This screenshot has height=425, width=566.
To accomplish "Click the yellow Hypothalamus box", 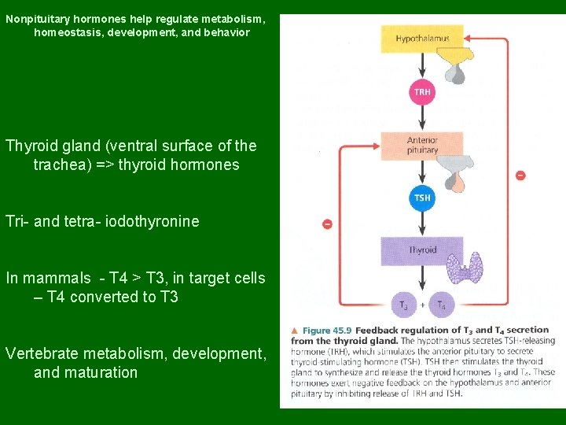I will [422, 39].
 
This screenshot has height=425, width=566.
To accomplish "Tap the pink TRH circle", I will [422, 93].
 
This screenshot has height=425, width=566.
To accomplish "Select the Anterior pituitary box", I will [422, 145].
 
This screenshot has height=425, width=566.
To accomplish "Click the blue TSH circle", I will [422, 198].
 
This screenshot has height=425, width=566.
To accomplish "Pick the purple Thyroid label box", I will [422, 250].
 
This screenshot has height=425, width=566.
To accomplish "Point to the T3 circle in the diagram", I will [403, 305].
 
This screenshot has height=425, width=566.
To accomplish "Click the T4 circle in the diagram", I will [442, 305].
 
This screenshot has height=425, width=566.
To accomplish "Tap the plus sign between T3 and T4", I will [423, 305].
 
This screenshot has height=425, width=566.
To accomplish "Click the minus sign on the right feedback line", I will [520, 175].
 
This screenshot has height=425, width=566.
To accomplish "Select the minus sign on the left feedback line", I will [327, 224].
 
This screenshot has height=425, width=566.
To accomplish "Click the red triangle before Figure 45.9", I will [294, 331].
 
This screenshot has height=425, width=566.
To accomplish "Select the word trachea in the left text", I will [60, 164].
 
